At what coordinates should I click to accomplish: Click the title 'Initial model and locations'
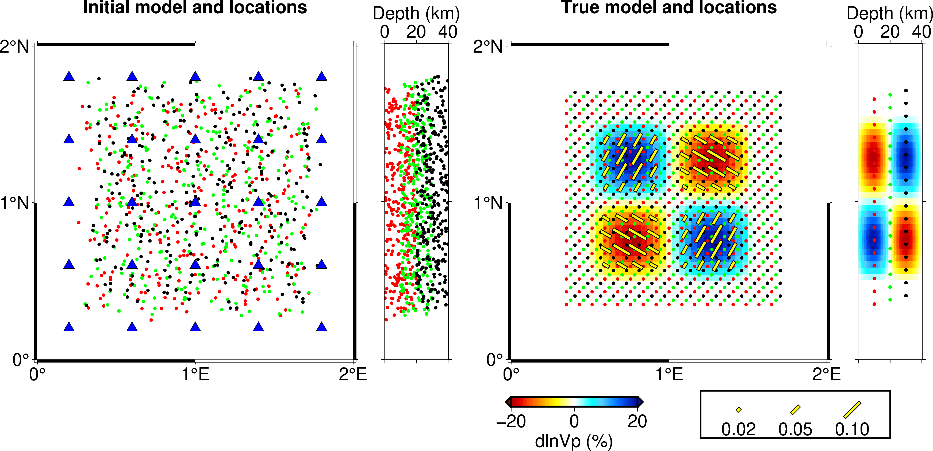(195, 7)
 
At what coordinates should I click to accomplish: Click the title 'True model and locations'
(669, 7)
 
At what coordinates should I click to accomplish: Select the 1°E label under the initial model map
(195, 374)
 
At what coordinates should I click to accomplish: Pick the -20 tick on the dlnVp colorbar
(511, 422)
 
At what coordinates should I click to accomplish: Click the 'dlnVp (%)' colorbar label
(574, 441)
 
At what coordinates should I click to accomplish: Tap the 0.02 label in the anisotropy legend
(738, 430)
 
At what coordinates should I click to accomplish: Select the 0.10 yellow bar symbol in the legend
(852, 410)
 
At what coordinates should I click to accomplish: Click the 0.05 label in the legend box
(795, 430)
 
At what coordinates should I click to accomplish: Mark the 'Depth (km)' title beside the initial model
(416, 14)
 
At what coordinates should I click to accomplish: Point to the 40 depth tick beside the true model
(922, 32)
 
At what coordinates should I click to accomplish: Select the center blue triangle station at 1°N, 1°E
(195, 201)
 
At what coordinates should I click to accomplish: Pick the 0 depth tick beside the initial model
(385, 32)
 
